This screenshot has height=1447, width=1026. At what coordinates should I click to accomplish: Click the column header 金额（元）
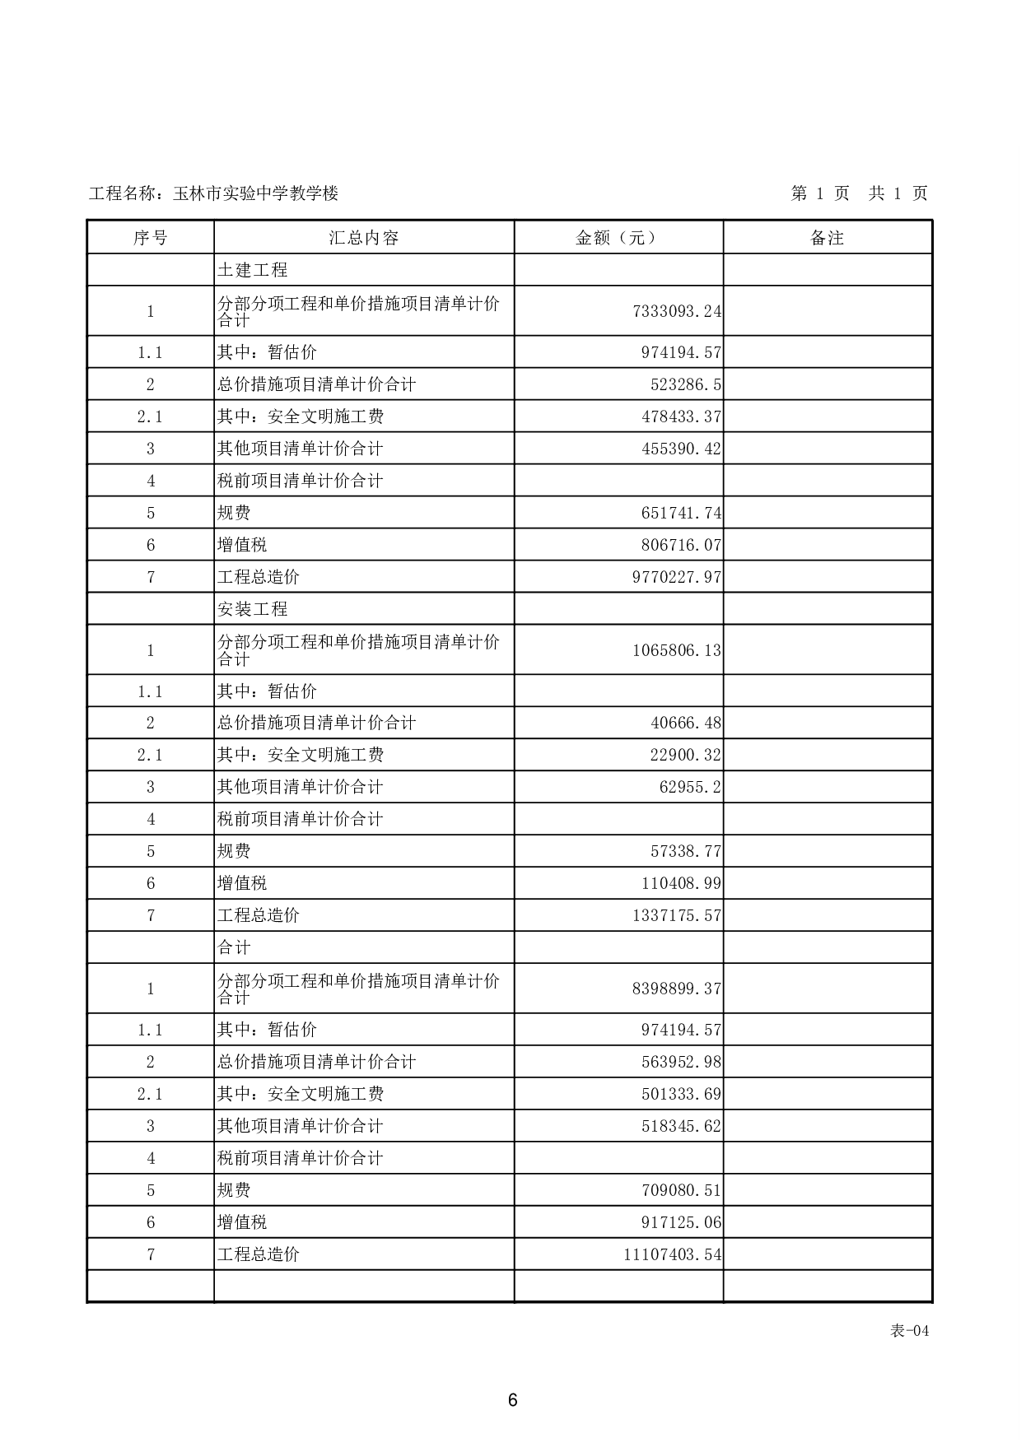click(x=618, y=238)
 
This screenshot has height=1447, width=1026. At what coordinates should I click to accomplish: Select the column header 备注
click(x=827, y=238)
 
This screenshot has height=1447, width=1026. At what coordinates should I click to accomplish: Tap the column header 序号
click(x=150, y=238)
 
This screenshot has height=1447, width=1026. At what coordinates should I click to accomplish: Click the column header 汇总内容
click(x=363, y=238)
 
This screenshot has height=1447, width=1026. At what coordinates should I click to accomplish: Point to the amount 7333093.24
click(x=677, y=311)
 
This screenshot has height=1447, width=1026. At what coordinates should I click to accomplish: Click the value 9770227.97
click(x=677, y=577)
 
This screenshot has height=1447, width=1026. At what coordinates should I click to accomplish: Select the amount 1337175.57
click(x=677, y=915)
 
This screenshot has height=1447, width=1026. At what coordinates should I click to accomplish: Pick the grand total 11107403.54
click(x=673, y=1254)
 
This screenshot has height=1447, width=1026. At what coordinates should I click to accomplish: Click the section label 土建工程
click(x=252, y=270)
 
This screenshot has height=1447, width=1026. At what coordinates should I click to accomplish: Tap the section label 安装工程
click(x=252, y=609)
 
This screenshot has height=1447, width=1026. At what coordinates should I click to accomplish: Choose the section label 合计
click(x=234, y=947)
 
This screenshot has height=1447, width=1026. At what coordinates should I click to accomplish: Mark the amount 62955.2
click(x=690, y=787)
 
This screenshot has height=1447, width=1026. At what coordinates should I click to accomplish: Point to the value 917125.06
click(x=681, y=1222)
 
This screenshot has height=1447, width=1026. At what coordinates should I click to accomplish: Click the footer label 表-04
click(x=909, y=1331)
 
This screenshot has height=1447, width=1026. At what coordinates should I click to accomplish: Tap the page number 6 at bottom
click(x=512, y=1400)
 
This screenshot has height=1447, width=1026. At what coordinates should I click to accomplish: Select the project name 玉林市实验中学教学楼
click(x=255, y=193)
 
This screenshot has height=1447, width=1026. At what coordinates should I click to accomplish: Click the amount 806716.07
click(x=681, y=545)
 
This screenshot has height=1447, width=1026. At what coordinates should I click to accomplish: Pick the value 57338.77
click(x=686, y=851)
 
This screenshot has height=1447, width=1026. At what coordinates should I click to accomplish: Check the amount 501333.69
click(x=681, y=1094)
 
